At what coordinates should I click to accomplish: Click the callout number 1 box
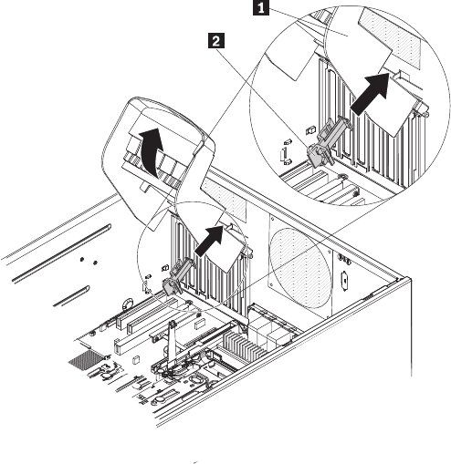(261, 8)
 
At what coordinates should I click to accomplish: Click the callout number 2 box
(215, 41)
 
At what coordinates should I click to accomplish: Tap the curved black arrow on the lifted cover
(151, 151)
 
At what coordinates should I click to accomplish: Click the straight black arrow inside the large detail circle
(371, 94)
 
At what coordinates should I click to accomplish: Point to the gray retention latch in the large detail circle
(328, 141)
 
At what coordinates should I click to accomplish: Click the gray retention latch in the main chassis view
(178, 275)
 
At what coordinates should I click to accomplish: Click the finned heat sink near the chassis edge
(244, 345)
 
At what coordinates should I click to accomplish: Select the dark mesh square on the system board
(84, 358)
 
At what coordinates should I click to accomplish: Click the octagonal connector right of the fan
(344, 281)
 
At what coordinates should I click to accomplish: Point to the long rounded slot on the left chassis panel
(62, 253)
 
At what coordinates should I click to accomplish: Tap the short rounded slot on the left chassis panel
(71, 295)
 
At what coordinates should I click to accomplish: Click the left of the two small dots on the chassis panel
(81, 259)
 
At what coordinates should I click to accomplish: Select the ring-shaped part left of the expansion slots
(128, 304)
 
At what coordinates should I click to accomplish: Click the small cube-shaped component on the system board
(135, 360)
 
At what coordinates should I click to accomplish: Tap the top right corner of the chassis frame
(411, 277)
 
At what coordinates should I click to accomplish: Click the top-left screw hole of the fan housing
(273, 219)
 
